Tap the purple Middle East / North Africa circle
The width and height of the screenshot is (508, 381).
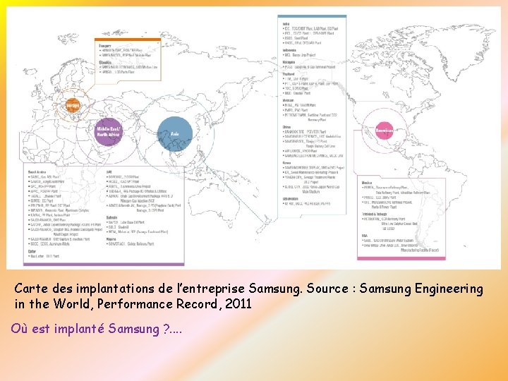pyautogui.click(x=109, y=131)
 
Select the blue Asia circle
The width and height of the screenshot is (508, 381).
pyautogui.click(x=174, y=132)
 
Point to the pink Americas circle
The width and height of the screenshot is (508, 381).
pyautogui.click(x=384, y=131)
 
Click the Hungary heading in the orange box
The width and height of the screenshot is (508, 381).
pyautogui.click(x=105, y=46)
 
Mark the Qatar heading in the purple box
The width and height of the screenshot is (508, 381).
pyautogui.click(x=32, y=252)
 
